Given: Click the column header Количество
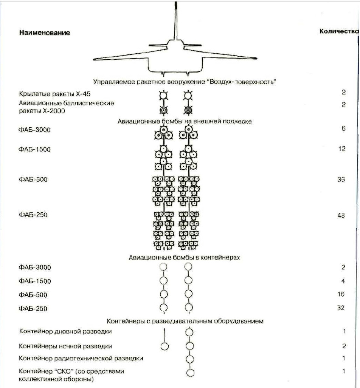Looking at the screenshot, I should (x=338, y=31).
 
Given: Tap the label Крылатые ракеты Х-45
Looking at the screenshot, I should (x=55, y=93).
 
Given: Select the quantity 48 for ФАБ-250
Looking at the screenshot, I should (x=341, y=215).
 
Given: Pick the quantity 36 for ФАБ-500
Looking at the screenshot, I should (x=341, y=179).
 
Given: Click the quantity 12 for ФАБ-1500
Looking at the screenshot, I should (x=342, y=149).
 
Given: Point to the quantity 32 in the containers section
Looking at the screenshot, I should (x=341, y=308).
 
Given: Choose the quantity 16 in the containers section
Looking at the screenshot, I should (x=341, y=294).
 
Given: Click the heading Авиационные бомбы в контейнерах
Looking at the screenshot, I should (x=185, y=257).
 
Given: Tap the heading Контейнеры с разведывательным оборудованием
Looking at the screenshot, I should (x=185, y=322).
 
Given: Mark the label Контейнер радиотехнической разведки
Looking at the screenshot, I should (x=81, y=358).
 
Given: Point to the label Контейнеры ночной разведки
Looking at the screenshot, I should (x=65, y=346).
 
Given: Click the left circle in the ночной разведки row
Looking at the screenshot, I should (x=164, y=346).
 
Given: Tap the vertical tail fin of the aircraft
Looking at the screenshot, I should (x=176, y=19).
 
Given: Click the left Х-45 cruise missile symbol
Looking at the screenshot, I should (x=163, y=95).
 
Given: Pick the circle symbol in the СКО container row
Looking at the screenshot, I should (x=190, y=373).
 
